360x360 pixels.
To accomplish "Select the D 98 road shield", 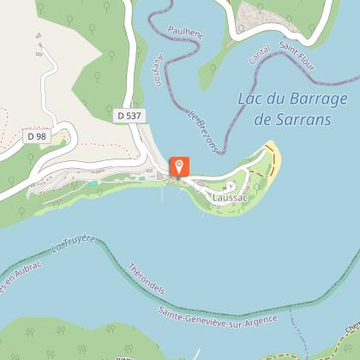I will (x=35, y=135).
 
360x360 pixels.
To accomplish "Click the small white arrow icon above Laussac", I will (x=229, y=185).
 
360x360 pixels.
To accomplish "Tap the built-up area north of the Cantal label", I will (x=257, y=15).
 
